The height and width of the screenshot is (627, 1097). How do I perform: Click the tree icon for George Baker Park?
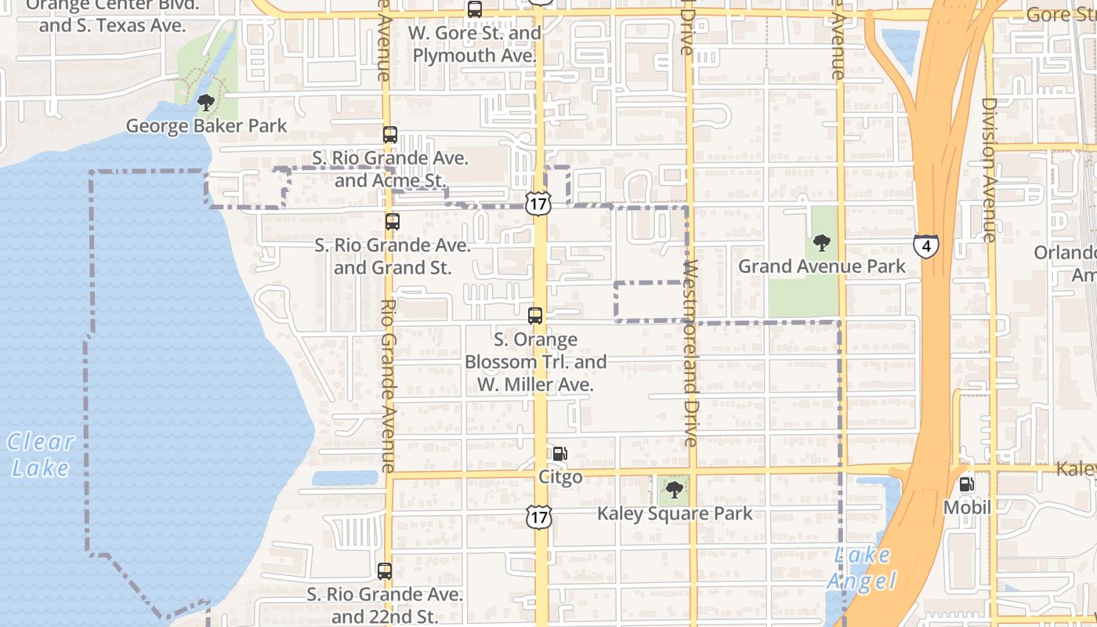coord(206,102)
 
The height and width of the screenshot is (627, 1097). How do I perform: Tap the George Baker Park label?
coord(207,126)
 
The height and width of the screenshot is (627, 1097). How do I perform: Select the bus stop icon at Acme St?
coord(390,135)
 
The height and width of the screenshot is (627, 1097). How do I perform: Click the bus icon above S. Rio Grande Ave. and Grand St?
coord(393,222)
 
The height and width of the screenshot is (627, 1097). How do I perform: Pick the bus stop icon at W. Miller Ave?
coord(535,316)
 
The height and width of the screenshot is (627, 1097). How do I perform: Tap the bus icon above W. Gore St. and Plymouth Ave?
coord(475,9)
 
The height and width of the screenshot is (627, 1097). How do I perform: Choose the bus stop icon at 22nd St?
coord(385,571)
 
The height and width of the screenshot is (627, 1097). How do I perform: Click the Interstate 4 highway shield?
coord(926,246)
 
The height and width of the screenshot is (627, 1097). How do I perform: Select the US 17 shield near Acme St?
coord(538,205)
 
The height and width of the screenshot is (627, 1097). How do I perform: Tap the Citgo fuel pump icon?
coord(560,453)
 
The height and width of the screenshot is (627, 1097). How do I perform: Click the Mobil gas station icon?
coord(967,484)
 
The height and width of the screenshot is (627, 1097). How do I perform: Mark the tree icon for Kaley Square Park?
coord(674,491)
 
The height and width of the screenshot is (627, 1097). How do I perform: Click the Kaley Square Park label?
coord(675,514)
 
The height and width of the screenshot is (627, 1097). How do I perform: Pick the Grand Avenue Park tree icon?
coord(821,243)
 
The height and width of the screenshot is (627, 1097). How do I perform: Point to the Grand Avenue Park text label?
coord(822,266)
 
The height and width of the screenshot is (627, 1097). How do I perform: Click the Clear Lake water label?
coord(41,455)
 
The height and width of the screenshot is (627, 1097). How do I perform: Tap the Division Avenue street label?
coord(989,169)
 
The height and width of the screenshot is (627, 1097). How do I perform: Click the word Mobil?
coord(967,508)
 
